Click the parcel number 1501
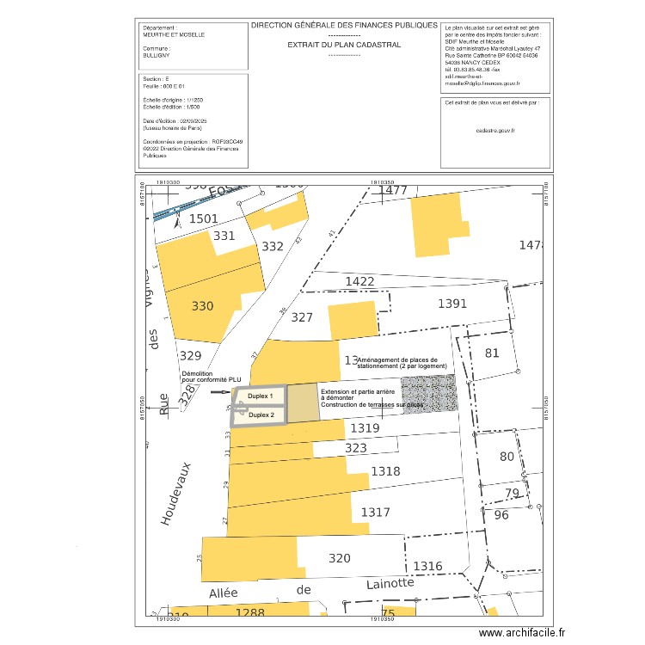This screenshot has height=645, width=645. coord(204,219)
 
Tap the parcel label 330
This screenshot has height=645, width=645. coord(202,306)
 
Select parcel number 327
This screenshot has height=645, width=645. coord(302,317)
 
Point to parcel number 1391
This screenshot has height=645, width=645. coord(451,304)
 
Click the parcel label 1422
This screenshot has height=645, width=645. coord(359,281)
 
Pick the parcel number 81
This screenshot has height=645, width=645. coord(492,353)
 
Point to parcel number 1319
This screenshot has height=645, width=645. coord(365,427)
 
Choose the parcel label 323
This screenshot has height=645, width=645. coord(355,448)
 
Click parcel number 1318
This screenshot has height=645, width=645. coord(385,471)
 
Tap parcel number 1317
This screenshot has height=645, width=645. coord(375,513)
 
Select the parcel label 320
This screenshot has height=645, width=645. coord(340,558)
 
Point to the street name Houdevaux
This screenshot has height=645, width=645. coord(175,494)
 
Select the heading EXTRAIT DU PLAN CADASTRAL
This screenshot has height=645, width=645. coord(344,45)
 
